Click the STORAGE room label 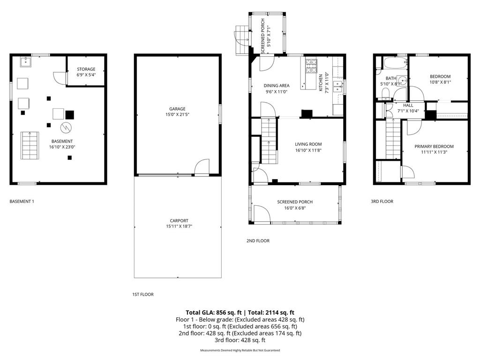[86, 69]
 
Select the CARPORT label [179, 220]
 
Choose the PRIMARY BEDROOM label [434, 146]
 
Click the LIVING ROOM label [308, 144]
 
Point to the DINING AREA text [276, 86]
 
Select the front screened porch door [261, 214]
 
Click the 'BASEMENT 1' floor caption [22, 202]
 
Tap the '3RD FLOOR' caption [382, 202]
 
